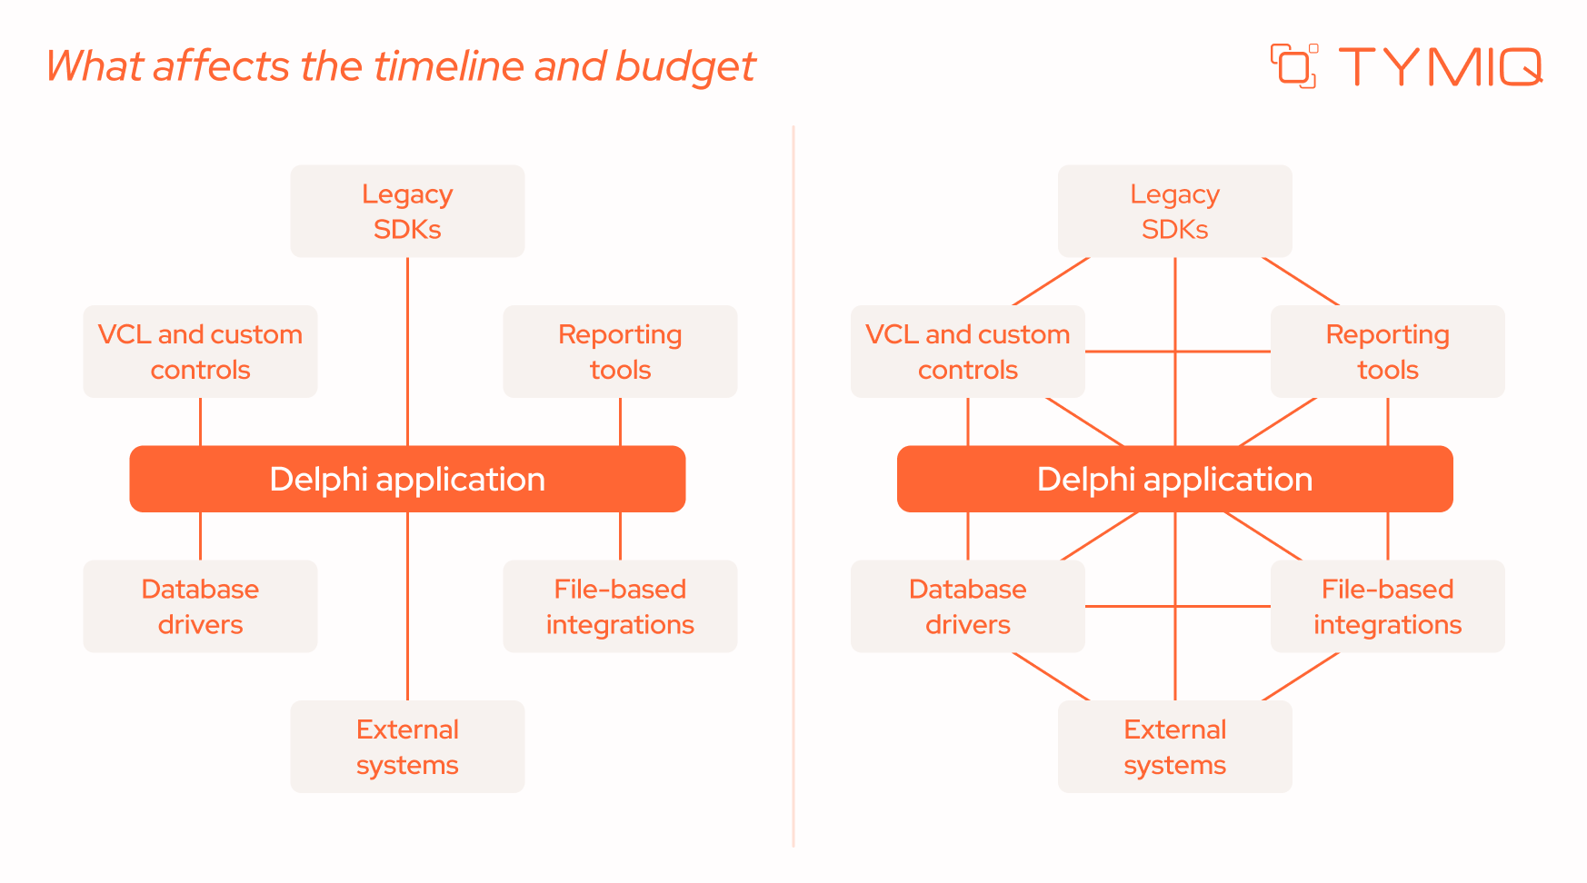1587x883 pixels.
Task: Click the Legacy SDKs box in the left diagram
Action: point(407,211)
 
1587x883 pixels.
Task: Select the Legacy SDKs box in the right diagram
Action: point(1174,211)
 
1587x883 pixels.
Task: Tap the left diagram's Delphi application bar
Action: point(407,479)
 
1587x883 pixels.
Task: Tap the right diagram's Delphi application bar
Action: point(1174,479)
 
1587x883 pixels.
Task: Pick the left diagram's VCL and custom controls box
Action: point(200,352)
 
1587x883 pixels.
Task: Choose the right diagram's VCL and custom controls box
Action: point(967,352)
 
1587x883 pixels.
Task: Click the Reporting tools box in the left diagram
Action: point(620,352)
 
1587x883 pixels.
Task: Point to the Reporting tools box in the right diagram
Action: point(1387,352)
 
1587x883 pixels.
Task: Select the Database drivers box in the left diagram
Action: point(200,606)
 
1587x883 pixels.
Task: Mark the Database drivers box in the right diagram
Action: point(967,606)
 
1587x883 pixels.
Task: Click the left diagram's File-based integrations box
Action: point(620,606)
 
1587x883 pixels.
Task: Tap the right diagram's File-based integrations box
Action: point(1387,606)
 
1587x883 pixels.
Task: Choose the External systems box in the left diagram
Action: point(407,747)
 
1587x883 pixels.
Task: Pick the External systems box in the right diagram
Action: point(1174,747)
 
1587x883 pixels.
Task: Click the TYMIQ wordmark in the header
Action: point(1440,66)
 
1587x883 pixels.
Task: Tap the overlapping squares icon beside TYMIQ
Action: point(1293,66)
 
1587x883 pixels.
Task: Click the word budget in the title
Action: point(685,66)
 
